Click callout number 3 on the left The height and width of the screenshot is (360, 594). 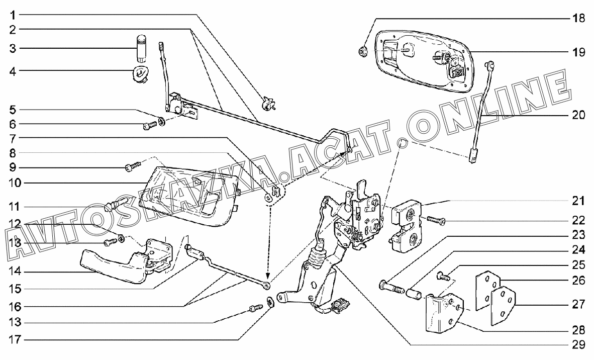pos(13,49)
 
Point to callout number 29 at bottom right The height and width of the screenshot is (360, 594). pos(578,345)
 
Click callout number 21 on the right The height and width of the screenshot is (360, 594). pos(578,201)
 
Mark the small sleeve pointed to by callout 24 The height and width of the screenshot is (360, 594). pos(415,293)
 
